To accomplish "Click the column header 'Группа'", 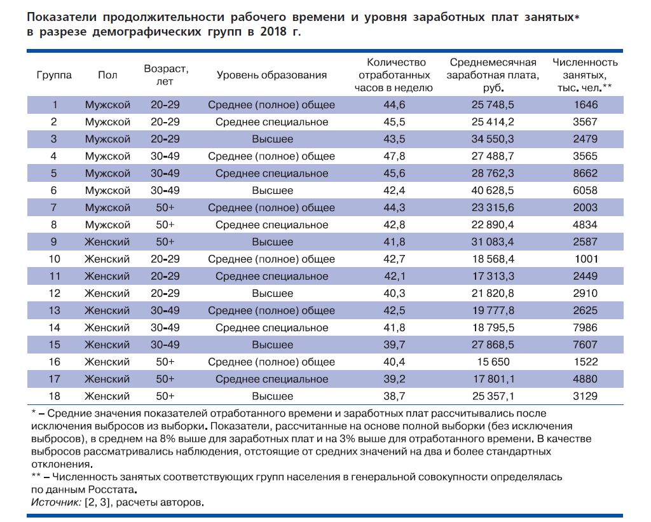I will pos(54,75).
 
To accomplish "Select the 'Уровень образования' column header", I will pos(271,75).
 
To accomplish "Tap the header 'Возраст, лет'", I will pos(167,75).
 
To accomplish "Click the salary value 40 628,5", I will pos(493,191).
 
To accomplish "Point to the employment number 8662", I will pos(585,174).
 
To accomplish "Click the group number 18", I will pos(54,397).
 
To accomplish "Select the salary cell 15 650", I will pos(493,362).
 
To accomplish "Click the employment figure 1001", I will pos(585,259).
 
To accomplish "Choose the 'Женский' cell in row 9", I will pos(107,242).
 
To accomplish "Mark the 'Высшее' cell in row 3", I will pos(272,139).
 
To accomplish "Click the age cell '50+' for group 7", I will pos(165,208).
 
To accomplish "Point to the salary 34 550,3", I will pos(493,139).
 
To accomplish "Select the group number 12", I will pos(54,294).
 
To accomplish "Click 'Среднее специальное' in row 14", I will pos(272,328).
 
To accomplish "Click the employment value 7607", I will pos(585,345).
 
